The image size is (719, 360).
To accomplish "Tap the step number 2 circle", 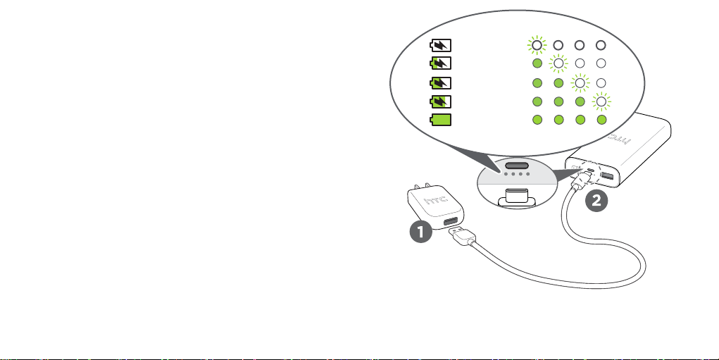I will coord(596,201).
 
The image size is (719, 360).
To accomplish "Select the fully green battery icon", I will coord(442,120).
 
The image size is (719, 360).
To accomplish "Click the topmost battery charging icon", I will coord(442,46).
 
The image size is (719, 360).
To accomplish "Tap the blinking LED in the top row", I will coord(537,46).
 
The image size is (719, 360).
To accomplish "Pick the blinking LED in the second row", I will coord(558,64).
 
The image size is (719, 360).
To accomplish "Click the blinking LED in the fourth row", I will coord(601,101).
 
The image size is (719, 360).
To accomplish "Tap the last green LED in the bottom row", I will coord(601,120).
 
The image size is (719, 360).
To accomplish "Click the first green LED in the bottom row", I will coord(537,120).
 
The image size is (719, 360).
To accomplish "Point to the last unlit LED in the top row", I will coord(601,46).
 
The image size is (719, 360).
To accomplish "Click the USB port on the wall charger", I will coord(449,224).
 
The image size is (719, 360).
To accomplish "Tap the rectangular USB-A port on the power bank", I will coord(607,176).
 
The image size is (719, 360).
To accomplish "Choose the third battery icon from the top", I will coord(442,83).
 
